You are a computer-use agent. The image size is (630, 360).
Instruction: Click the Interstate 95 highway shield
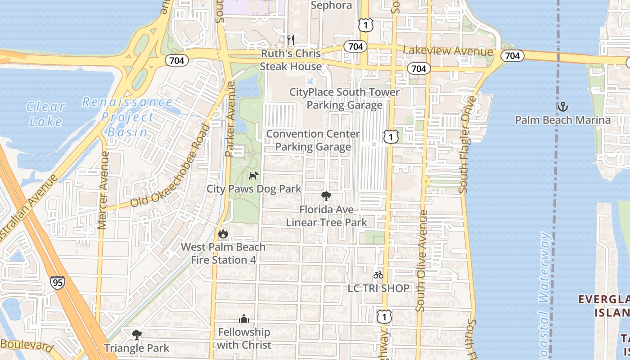coord(57,282)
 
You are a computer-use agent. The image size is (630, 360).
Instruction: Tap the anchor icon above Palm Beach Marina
coord(562,107)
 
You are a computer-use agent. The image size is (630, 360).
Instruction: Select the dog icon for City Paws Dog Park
coord(254,175)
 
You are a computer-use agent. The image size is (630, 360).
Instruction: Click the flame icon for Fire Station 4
coord(223,234)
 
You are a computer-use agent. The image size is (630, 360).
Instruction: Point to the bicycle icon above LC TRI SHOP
coord(378,275)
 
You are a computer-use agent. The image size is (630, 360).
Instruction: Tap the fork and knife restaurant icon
coord(291,40)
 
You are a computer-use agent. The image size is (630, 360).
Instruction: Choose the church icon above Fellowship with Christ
coord(244,319)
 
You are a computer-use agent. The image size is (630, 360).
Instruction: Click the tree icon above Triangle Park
coord(136,335)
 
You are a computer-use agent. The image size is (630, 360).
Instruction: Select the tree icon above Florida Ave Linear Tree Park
coord(326,196)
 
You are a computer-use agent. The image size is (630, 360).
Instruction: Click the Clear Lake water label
coord(45,114)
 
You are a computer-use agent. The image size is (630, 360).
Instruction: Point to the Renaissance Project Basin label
coord(127,117)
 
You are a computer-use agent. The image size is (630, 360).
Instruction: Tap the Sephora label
coord(331,5)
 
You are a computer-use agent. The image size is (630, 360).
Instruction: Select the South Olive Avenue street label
coord(422,261)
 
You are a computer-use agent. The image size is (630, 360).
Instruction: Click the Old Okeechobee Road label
coord(170,166)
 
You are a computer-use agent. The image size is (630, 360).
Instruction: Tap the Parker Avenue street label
coord(230,119)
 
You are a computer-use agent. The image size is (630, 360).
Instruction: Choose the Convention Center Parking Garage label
coord(313,140)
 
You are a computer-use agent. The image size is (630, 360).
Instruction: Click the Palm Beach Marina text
coord(562,120)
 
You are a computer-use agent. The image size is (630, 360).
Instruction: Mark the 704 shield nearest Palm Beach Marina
coord(512,55)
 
